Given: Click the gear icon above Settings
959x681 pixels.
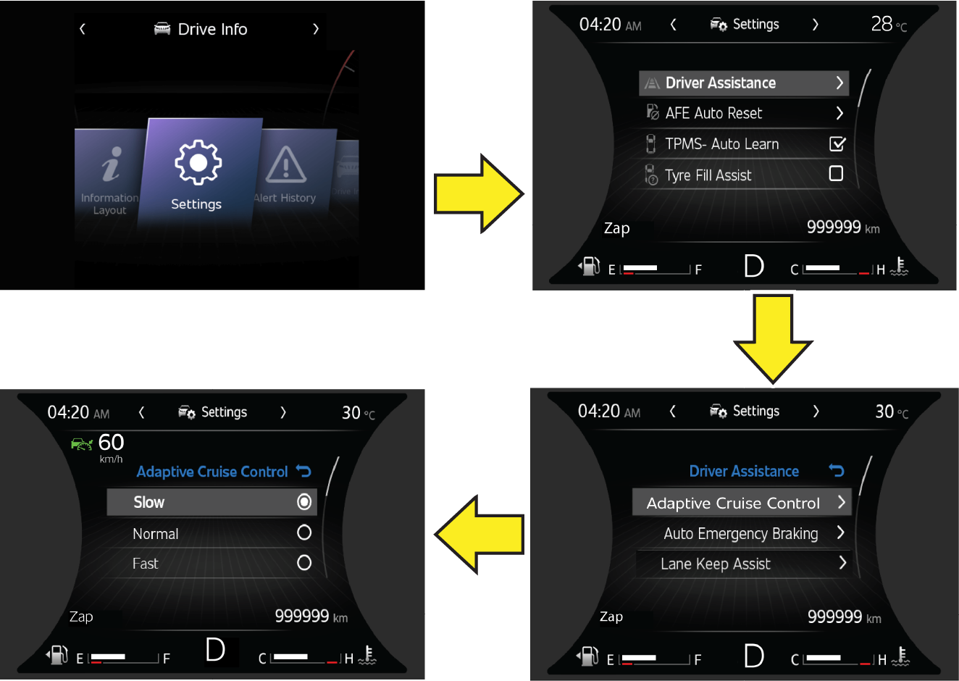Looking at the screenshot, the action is point(198,162).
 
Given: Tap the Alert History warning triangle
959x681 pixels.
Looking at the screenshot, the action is point(286,164).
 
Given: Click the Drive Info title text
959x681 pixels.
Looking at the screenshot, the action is point(212,29).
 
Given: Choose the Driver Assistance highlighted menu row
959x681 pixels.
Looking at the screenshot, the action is point(744,83).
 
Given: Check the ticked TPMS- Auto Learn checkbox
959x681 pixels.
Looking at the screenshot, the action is point(837,144).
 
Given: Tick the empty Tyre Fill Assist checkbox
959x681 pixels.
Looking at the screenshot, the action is point(836,173).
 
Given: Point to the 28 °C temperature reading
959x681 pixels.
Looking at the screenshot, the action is point(889,25).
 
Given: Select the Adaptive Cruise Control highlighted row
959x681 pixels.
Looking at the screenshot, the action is point(742,502).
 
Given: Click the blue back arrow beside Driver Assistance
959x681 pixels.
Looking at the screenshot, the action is point(836,470).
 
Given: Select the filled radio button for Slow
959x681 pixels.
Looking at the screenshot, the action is point(304,501).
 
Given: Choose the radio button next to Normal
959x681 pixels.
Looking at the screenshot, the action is point(304,532).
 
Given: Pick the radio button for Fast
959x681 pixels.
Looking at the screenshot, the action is point(304,563).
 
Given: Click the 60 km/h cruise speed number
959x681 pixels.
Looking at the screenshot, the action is point(111,442).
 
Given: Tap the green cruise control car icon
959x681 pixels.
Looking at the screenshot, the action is point(82,444).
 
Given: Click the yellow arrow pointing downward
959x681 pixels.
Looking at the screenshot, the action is point(773,338).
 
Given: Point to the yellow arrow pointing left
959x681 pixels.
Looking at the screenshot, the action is point(479,535).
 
